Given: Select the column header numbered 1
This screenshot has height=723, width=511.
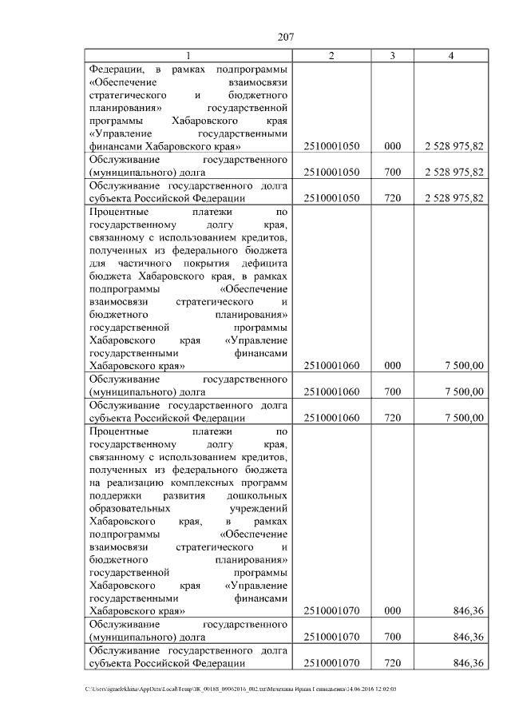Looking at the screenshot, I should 188,55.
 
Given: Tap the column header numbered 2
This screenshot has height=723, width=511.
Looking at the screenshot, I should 331,55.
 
